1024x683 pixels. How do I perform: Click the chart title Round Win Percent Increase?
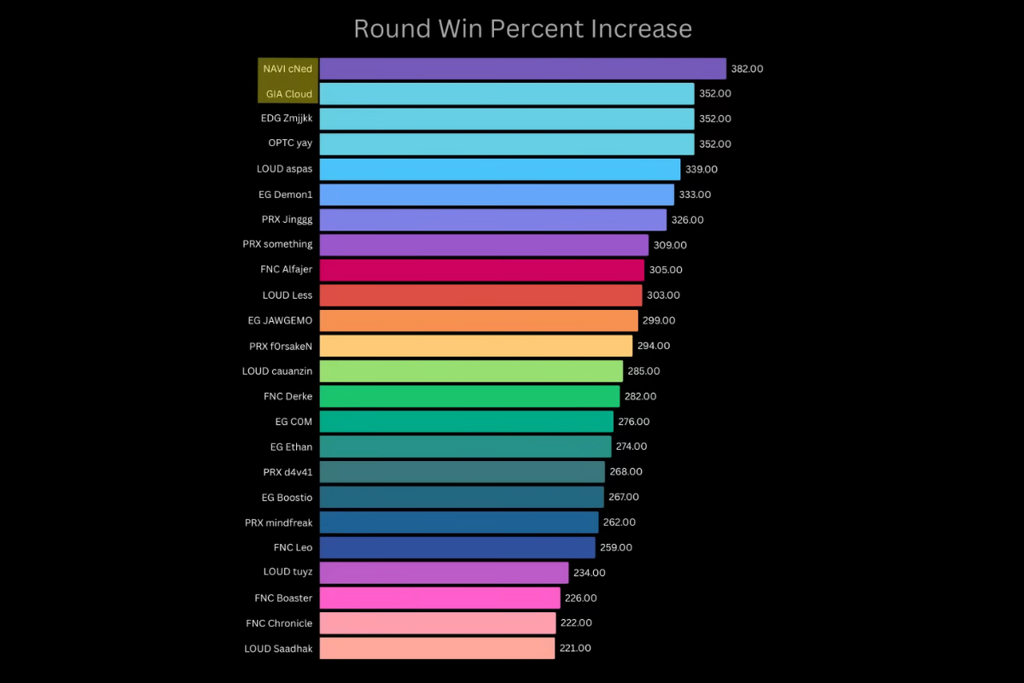(522, 28)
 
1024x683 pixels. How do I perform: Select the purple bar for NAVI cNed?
(522, 68)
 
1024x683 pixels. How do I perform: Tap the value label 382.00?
(747, 68)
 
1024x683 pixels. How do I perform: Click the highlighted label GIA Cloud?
(288, 94)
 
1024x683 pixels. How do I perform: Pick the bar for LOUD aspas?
(499, 169)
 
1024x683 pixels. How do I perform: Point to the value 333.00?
(695, 195)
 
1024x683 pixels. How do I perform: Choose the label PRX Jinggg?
(287, 219)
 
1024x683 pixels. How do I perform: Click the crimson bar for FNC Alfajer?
(481, 270)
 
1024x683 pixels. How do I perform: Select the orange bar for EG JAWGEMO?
(478, 320)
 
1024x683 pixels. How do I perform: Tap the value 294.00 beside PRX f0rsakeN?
(654, 346)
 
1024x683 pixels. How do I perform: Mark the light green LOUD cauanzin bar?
(471, 371)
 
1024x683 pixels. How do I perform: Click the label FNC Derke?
(288, 396)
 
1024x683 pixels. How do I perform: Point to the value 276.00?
(633, 422)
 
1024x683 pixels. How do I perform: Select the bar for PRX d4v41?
(462, 471)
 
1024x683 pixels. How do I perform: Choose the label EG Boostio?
(287, 497)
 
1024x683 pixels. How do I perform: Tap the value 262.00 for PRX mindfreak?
(619, 522)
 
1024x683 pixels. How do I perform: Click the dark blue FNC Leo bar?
(457, 547)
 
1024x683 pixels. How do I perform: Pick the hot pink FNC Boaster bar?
(439, 598)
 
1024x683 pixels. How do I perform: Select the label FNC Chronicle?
(279, 623)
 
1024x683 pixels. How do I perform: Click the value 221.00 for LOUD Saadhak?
(575, 648)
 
